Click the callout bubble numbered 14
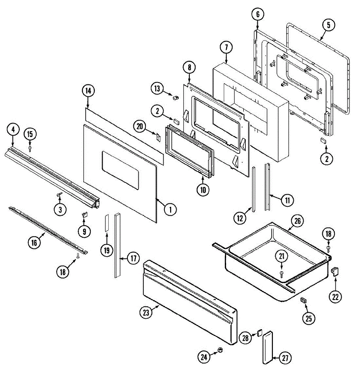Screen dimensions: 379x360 pyautogui.click(x=88, y=91)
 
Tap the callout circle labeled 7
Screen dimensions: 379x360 pyautogui.click(x=226, y=47)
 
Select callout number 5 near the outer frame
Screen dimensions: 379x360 pyautogui.click(x=328, y=25)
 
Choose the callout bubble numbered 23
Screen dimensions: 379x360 pyautogui.click(x=146, y=313)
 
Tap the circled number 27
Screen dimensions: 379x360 pyautogui.click(x=285, y=358)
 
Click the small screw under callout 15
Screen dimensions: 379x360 pyautogui.click(x=30, y=147)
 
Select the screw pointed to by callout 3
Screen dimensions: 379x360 pyautogui.click(x=59, y=196)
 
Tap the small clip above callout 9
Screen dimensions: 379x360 pyautogui.click(x=84, y=215)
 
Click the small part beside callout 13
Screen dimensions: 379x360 pyautogui.click(x=175, y=97)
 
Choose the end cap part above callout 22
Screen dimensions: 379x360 pyautogui.click(x=334, y=271)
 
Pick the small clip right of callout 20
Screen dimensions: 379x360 pyautogui.click(x=159, y=137)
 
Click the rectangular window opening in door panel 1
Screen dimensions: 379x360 pyautogui.click(x=121, y=171)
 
